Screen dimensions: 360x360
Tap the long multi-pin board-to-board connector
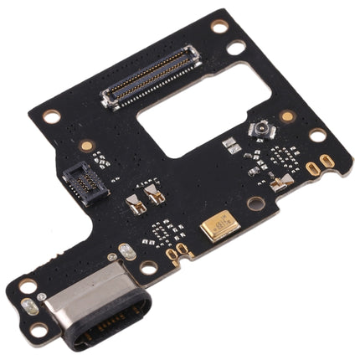(151, 77)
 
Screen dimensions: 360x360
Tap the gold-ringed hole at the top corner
(219, 26)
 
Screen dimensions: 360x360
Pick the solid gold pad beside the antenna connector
(287, 116)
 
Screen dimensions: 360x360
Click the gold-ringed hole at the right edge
(317, 134)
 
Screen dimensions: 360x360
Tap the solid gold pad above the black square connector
(86, 145)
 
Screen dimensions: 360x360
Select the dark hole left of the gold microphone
(184, 232)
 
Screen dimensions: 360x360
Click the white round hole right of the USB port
(149, 268)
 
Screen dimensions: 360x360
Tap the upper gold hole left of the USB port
(28, 286)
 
